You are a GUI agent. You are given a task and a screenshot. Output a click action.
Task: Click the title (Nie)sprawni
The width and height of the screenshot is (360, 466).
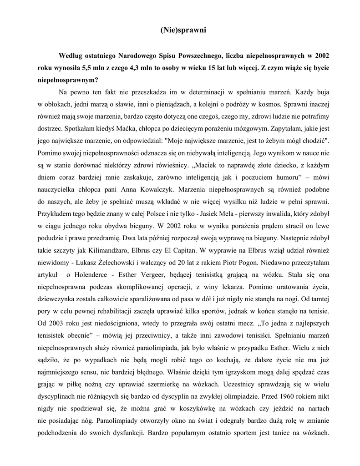[x=184, y=31]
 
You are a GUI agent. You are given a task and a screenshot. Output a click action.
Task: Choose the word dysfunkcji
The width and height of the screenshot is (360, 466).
[x=126, y=431]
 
